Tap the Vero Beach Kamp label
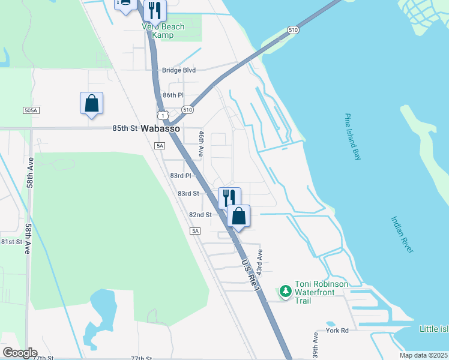[x=163, y=31]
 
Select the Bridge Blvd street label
[x=179, y=70]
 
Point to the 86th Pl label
[x=172, y=95]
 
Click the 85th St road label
[x=125, y=128]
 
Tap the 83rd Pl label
[x=180, y=176]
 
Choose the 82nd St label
[x=200, y=215]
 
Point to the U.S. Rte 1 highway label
[x=251, y=275]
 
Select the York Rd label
[x=337, y=331]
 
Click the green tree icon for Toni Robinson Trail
[x=286, y=292]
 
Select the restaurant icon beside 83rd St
[x=229, y=197]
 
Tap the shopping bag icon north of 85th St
[x=91, y=103]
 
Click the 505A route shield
[x=31, y=110]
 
